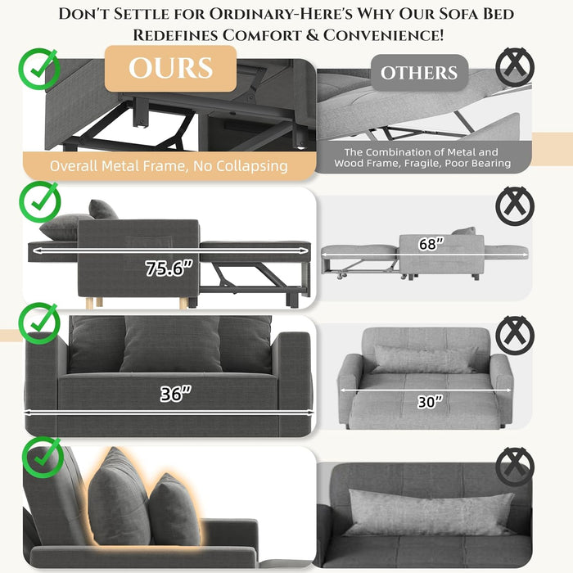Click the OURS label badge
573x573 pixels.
tap(170, 68)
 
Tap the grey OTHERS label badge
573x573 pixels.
tap(419, 72)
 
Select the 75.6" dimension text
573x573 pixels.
tap(169, 268)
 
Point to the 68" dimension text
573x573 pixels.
tap(431, 244)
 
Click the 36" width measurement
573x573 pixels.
tap(175, 394)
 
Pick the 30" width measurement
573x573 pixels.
tap(430, 402)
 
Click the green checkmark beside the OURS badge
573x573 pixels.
tap(39, 68)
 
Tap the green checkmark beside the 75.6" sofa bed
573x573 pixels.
tap(40, 201)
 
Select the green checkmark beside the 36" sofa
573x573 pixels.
tap(39, 323)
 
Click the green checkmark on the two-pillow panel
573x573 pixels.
tap(43, 457)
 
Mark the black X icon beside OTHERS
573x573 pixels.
tap(515, 66)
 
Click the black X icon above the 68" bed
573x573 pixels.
tap(515, 206)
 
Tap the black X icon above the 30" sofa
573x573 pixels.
tap(515, 336)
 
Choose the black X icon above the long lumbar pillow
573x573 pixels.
tap(515, 467)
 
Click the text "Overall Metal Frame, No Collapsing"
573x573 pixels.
tap(169, 166)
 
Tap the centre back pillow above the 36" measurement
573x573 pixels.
tap(171, 344)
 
